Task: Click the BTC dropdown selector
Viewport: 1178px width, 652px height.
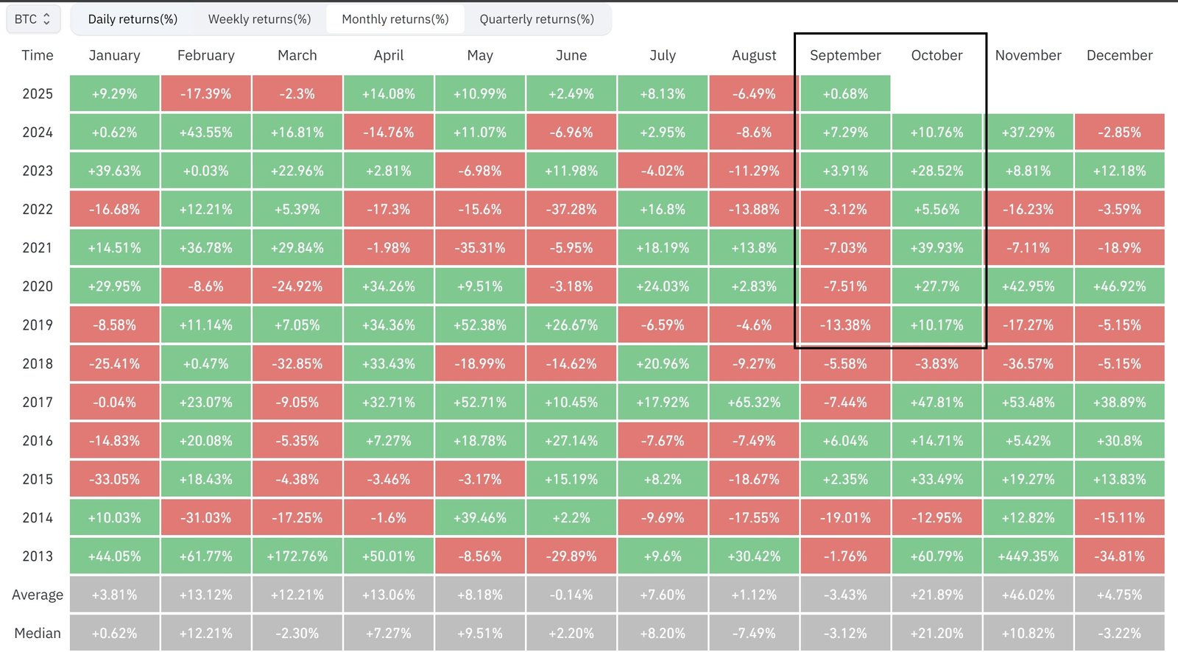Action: (33, 19)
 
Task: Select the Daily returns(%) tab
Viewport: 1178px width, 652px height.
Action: (133, 19)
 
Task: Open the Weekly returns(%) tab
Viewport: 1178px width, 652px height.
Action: (259, 19)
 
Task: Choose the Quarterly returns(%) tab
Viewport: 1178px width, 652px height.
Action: (537, 19)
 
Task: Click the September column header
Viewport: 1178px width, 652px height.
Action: (845, 55)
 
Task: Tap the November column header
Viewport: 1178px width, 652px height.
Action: (1028, 55)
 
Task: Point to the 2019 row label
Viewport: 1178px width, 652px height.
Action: (38, 325)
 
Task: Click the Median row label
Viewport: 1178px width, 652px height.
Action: (38, 633)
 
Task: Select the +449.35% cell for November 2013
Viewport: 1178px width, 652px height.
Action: (1028, 556)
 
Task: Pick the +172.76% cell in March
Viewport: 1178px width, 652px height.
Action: (297, 556)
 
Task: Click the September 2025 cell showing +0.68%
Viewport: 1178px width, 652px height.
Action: (845, 93)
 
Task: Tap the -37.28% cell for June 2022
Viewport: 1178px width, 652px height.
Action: (571, 209)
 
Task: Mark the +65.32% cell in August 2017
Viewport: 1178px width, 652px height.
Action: (754, 402)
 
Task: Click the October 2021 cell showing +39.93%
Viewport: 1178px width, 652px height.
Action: (937, 248)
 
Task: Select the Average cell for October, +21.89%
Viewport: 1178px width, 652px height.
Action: (937, 595)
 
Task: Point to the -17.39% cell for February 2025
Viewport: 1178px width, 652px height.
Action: (206, 93)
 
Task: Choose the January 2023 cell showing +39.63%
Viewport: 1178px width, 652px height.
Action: (115, 171)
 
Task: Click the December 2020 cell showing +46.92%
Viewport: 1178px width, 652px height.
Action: (1119, 286)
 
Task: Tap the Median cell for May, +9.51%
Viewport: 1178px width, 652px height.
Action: (480, 633)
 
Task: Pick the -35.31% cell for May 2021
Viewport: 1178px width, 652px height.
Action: (480, 248)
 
